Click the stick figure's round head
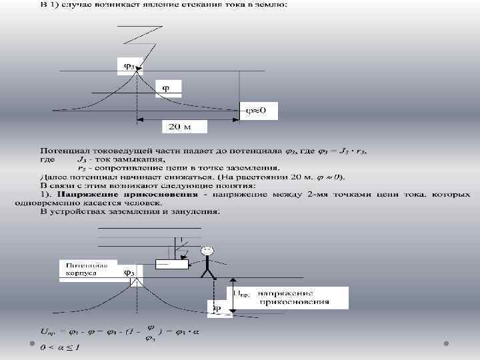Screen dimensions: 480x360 pyautogui.click(x=209, y=251)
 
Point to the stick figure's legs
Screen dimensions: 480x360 pyautogui.click(x=209, y=273)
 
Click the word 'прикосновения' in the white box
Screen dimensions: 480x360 pyautogui.click(x=303, y=302)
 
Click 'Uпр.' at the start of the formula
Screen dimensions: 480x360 pyautogui.click(x=50, y=331)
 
